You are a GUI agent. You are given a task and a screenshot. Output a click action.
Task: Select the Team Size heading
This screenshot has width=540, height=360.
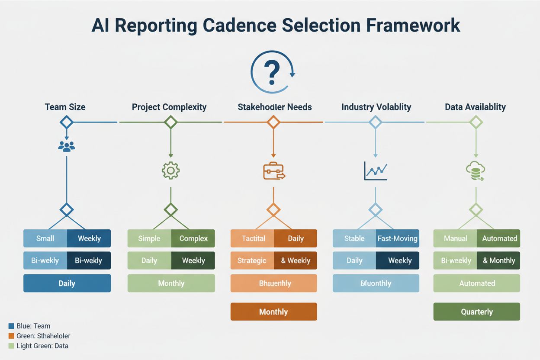click(65, 106)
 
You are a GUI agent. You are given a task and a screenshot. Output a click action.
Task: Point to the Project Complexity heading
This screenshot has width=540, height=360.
click(169, 106)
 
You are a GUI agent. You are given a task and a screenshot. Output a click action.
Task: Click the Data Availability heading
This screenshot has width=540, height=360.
click(475, 106)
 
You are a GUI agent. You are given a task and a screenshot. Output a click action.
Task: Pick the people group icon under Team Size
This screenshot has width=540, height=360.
click(66, 146)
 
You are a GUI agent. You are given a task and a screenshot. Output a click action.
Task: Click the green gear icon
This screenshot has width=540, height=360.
click(170, 170)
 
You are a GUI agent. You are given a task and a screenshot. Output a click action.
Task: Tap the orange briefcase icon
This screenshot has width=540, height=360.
click(273, 171)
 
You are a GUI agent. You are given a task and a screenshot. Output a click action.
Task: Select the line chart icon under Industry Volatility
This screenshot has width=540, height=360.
click(376, 171)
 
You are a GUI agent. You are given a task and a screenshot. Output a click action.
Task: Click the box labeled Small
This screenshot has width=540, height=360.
click(45, 238)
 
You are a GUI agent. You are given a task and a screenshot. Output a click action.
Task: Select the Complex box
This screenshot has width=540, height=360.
click(193, 238)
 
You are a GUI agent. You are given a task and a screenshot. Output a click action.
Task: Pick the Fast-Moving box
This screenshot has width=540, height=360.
click(397, 238)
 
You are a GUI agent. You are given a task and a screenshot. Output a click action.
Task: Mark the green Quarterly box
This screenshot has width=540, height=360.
click(476, 312)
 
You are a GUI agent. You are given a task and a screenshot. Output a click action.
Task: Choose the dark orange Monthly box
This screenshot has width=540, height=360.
click(273, 312)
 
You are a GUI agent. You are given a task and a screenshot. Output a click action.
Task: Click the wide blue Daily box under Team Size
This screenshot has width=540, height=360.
click(67, 283)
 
